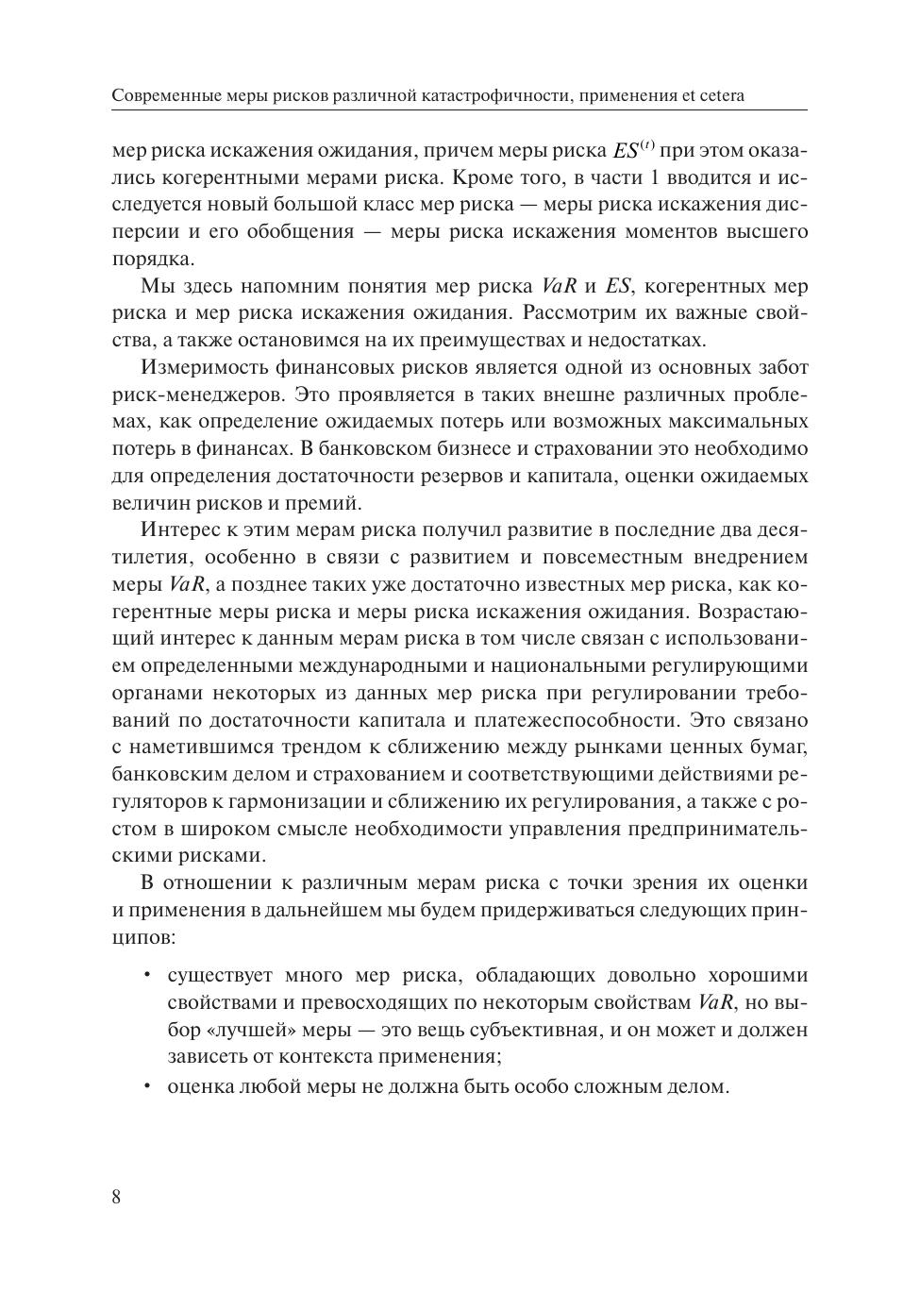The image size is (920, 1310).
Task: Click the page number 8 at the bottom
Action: pyautogui.click(x=116, y=1198)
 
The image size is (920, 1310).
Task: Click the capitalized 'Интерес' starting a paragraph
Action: pyautogui.click(x=178, y=530)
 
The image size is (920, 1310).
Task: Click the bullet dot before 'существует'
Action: pyautogui.click(x=147, y=975)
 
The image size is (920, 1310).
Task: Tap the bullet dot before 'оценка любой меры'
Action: pyautogui.click(x=147, y=1085)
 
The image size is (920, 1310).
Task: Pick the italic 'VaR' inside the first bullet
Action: pyautogui.click(x=716, y=1002)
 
